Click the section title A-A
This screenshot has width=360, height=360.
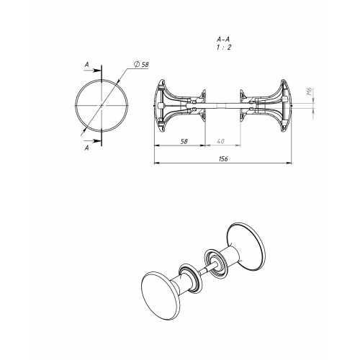(223, 39)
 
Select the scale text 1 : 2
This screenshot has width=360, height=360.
(223, 48)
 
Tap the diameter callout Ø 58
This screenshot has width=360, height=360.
(141, 65)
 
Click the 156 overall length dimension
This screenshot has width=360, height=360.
(223, 159)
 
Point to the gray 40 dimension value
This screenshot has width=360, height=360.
(220, 141)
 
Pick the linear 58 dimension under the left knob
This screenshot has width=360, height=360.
(184, 141)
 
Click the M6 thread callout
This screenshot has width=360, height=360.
(310, 91)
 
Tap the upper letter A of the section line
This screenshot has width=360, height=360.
(87, 64)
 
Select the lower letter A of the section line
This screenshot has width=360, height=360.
(87, 148)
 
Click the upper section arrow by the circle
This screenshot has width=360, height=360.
(92, 71)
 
